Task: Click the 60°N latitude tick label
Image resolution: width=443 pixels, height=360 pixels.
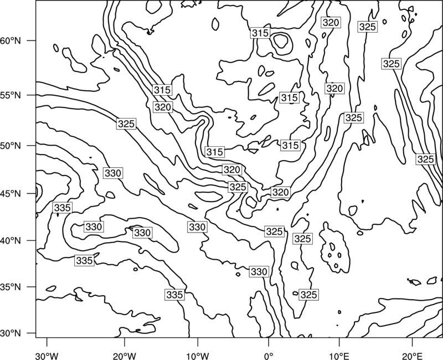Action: click(x=11, y=41)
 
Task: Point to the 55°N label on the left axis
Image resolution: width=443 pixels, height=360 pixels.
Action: click(x=11, y=95)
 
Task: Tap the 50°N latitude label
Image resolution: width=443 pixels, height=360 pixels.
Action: click(x=11, y=146)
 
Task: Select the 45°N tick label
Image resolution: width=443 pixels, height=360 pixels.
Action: click(x=11, y=193)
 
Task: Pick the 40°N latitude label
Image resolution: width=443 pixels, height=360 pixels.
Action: click(x=11, y=241)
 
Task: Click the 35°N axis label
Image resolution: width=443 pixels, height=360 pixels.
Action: click(x=11, y=287)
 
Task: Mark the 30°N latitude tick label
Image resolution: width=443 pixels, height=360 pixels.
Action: click(x=11, y=333)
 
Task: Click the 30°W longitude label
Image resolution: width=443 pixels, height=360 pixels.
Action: click(x=47, y=356)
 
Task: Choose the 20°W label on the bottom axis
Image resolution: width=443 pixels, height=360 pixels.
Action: click(x=125, y=356)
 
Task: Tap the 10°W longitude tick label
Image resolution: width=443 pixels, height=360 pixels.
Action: click(x=198, y=356)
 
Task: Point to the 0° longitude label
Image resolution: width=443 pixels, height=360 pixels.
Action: click(x=269, y=356)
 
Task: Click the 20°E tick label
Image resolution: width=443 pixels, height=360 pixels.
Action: click(x=412, y=356)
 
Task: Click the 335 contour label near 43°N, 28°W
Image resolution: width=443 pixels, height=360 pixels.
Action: click(x=62, y=208)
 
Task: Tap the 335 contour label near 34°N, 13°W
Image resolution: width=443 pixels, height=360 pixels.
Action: click(x=175, y=295)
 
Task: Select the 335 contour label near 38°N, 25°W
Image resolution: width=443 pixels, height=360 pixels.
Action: click(x=85, y=260)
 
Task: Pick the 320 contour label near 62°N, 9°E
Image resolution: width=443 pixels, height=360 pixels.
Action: click(x=331, y=22)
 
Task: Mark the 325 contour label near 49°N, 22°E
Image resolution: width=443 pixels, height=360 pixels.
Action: click(x=425, y=159)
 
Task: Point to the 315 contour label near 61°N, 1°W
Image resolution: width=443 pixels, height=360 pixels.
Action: click(x=260, y=33)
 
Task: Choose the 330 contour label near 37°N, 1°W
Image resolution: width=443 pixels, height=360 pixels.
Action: click(x=259, y=271)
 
